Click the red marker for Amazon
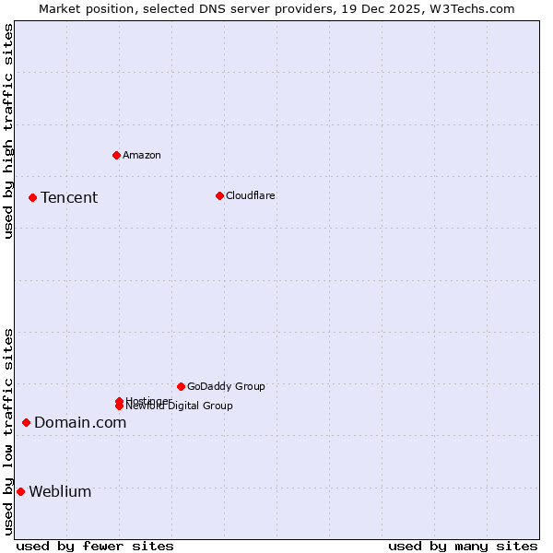click(x=116, y=155)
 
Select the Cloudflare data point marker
click(x=219, y=195)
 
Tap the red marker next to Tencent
click(x=32, y=197)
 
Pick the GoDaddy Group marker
click(x=181, y=386)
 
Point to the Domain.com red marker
click(x=26, y=422)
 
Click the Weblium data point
click(x=20, y=491)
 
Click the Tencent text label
click(x=69, y=198)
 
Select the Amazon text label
click(x=142, y=155)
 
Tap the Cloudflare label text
click(x=251, y=195)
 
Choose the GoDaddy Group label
click(x=226, y=386)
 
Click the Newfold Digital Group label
click(x=175, y=406)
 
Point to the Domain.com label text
click(x=80, y=423)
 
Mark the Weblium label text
click(x=60, y=492)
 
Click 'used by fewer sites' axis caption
click(x=95, y=546)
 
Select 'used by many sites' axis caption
click(x=463, y=546)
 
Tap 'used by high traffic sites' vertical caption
click(x=8, y=131)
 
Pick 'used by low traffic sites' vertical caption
click(x=8, y=431)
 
